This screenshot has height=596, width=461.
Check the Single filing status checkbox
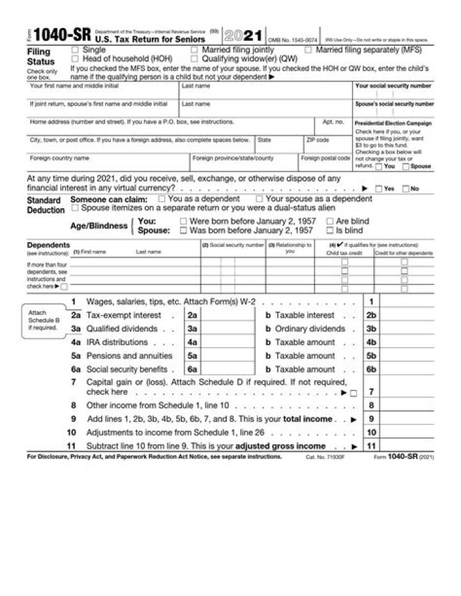tap(76, 50)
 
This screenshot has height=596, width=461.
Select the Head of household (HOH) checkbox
tap(76, 58)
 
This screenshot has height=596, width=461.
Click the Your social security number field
tap(393, 93)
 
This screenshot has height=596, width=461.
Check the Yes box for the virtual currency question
tap(379, 189)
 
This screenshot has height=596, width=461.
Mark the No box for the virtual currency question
tap(405, 189)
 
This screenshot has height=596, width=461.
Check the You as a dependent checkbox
tap(162, 199)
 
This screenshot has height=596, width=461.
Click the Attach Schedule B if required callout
tap(42, 320)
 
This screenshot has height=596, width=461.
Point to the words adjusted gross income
tap(289, 446)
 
